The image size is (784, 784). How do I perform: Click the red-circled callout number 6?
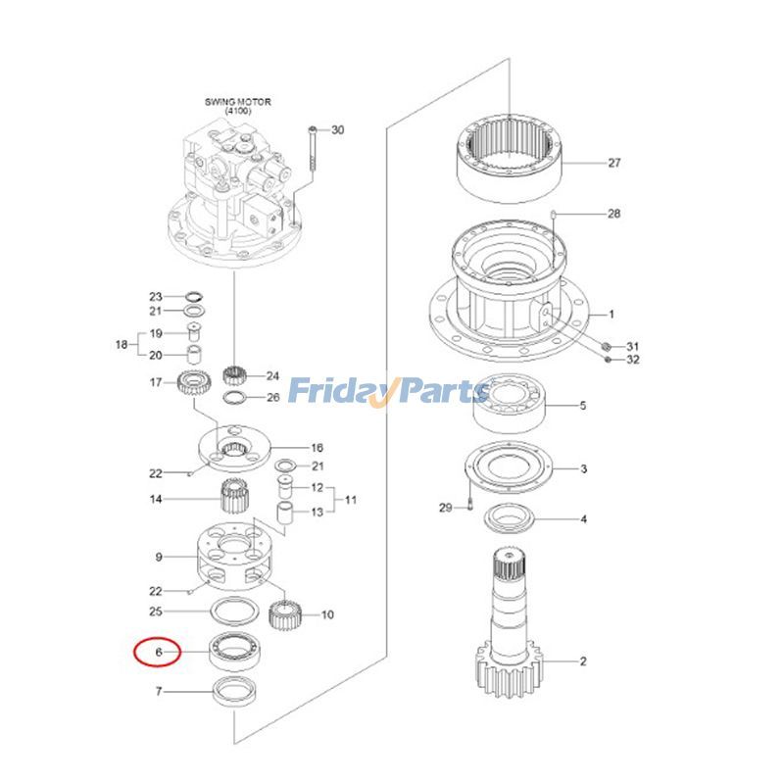tap(157, 651)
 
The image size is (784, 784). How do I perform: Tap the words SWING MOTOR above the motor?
tap(237, 101)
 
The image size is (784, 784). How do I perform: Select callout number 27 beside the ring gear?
tap(614, 163)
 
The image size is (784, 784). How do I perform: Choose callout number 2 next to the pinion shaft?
tap(583, 661)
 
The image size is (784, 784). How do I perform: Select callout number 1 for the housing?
tap(612, 315)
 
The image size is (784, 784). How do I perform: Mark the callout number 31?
tap(632, 346)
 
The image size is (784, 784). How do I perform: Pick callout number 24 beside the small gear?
tap(272, 375)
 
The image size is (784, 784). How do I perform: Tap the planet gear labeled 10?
tap(283, 615)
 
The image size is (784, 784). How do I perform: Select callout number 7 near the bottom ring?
tap(158, 692)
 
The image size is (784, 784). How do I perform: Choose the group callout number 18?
tap(122, 344)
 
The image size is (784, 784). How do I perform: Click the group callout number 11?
tap(350, 500)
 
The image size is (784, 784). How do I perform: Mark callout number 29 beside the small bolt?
tap(446, 508)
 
